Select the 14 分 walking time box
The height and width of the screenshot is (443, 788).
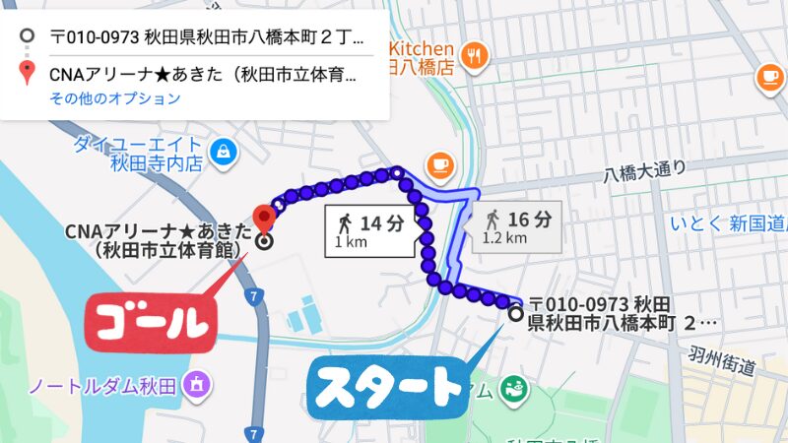pyautogui.click(x=368, y=229)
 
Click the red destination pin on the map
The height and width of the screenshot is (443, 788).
pyautogui.click(x=263, y=217)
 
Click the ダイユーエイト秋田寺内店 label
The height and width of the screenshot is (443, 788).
pyautogui.click(x=138, y=153)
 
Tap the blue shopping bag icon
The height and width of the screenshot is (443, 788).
pyautogui.click(x=225, y=152)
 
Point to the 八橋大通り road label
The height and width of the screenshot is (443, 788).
pyautogui.click(x=645, y=173)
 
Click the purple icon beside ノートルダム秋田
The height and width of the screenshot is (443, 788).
pyautogui.click(x=198, y=383)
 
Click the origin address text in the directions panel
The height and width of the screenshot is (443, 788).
pyautogui.click(x=207, y=40)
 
